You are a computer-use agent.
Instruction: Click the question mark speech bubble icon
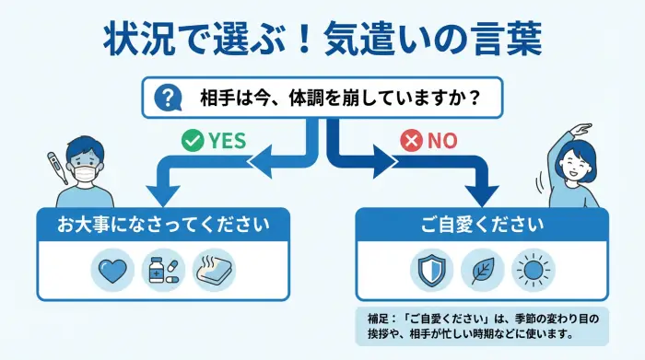(x=168, y=97)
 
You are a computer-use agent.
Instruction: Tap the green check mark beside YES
(x=192, y=140)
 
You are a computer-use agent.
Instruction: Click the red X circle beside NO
(x=411, y=140)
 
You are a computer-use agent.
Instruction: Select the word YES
(x=227, y=140)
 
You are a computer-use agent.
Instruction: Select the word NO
(x=442, y=140)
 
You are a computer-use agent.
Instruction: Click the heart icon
(x=112, y=270)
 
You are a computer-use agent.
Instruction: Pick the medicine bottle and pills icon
(x=163, y=270)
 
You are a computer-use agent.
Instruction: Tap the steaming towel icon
(x=213, y=270)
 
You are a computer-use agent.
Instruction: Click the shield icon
(x=429, y=270)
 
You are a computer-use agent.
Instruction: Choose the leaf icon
(x=480, y=270)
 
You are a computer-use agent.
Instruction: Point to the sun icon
(x=532, y=270)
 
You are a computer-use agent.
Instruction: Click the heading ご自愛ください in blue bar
(x=482, y=225)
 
